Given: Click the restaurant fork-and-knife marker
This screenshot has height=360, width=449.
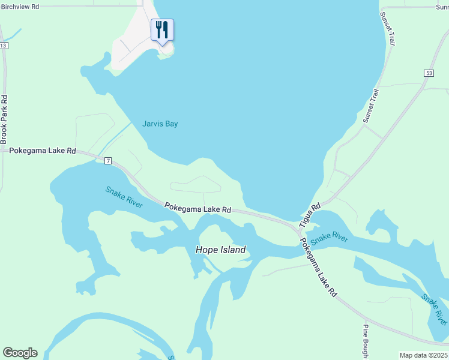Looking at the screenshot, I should [162, 29].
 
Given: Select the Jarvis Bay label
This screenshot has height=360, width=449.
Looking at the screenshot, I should [160, 124].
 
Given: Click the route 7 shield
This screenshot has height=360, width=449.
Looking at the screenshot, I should [108, 161].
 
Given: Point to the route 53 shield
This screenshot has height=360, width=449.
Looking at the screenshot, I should [428, 73].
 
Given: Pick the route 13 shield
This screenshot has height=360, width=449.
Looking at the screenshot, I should [4, 46].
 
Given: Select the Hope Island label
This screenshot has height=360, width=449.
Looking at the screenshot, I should [221, 250].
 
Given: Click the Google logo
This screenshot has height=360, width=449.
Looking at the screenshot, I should [20, 353].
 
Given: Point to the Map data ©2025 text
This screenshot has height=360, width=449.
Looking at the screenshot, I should [424, 355].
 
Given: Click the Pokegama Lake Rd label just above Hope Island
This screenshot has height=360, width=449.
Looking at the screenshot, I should [198, 208].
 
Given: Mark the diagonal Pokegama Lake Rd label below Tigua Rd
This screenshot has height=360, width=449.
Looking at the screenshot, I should [318, 268].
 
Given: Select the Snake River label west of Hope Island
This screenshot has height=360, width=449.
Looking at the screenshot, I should [124, 197].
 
